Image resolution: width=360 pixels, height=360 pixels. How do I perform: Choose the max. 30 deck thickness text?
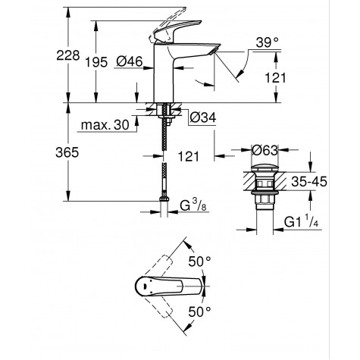[x=105, y=124]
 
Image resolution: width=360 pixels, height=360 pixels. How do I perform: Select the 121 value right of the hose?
[x=189, y=155]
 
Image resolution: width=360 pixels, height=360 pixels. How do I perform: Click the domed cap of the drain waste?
[x=260, y=164]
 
